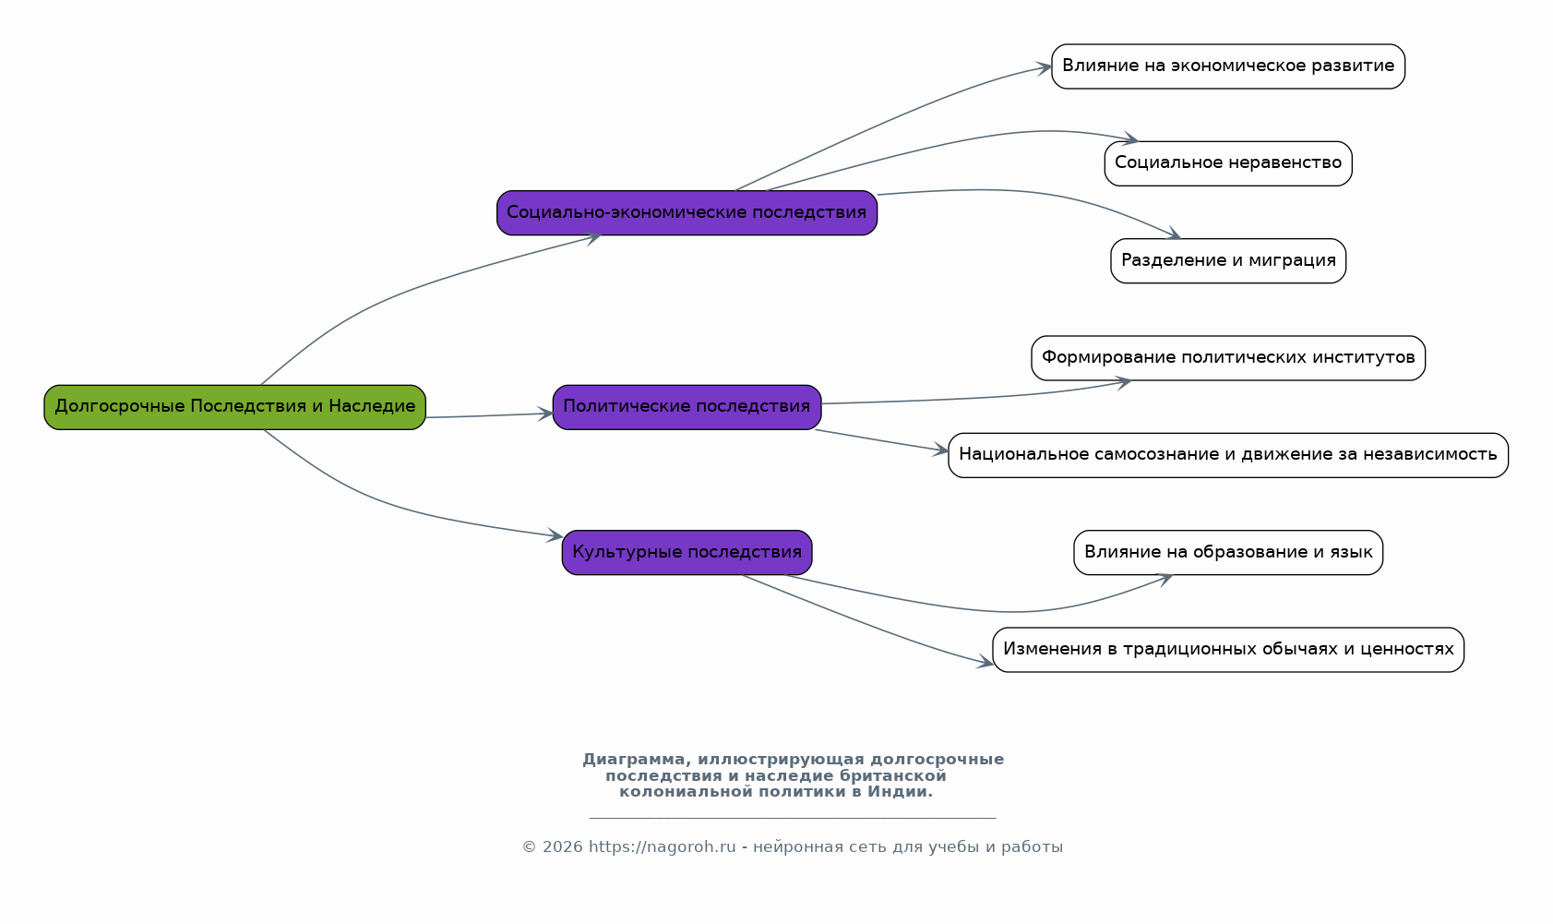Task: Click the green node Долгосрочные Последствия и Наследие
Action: coord(235,407)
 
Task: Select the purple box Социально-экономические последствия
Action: coord(687,213)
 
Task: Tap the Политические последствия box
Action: coord(687,407)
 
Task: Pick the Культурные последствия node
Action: coord(687,553)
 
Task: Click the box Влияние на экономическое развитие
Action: coord(1228,66)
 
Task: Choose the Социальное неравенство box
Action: coord(1228,163)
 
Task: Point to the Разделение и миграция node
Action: coord(1228,261)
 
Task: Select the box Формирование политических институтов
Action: coord(1228,358)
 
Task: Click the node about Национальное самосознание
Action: coord(1228,455)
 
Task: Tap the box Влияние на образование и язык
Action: coord(1228,553)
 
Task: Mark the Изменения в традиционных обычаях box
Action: coord(1228,650)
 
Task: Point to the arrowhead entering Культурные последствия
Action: coord(555,534)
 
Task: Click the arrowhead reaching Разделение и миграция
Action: coord(1173,234)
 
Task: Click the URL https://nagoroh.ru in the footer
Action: coord(663,847)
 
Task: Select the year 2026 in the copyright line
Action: coord(562,847)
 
